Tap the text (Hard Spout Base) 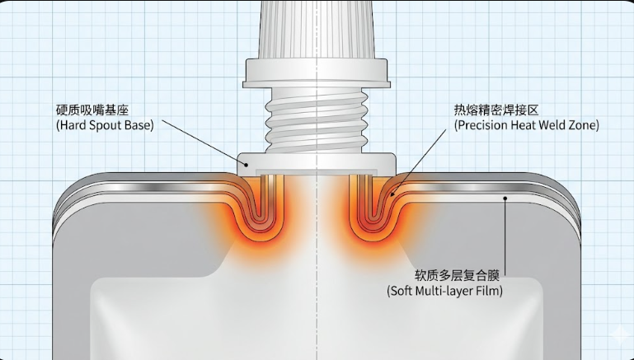pos(105,126)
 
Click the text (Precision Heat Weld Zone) pos(526,126)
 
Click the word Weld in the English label pos(552,126)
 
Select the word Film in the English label pos(486,291)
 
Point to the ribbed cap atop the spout pos(317,29)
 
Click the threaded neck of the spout pos(317,119)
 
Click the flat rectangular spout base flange pos(317,164)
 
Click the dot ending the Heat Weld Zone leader pos(394,194)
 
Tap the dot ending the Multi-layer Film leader pos(505,199)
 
